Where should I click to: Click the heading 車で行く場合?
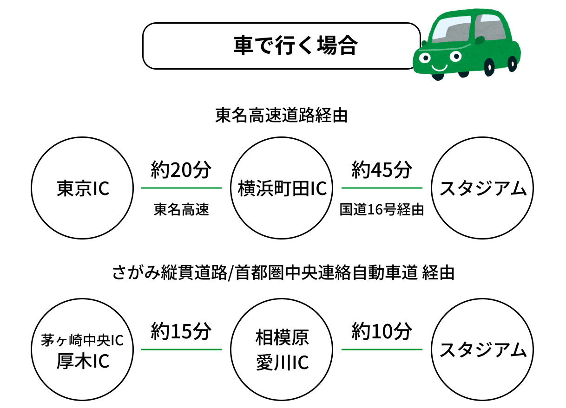coord(295,45)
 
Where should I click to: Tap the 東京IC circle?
coord(82,188)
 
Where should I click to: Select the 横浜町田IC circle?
coord(282,188)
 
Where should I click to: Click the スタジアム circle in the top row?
coord(482,188)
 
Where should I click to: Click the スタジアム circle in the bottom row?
coord(482,350)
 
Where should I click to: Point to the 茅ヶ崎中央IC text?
coord(82,340)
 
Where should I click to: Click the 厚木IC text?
coord(82,361)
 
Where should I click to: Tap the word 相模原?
coord(282,338)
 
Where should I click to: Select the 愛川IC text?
coord(282,363)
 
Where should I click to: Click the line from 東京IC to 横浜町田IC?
coord(181,188)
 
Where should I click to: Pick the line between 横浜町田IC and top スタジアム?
coord(382,188)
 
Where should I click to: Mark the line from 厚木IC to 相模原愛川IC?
coord(181,350)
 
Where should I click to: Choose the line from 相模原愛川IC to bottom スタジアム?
coord(382,350)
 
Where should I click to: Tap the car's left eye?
coord(424,58)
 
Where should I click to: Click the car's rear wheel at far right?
coord(512,63)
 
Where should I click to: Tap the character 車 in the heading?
coord(243,45)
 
